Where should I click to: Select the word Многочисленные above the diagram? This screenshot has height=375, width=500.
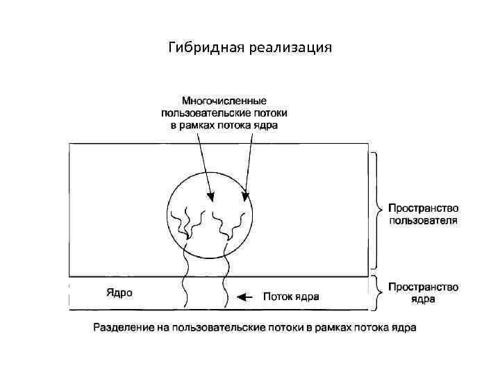[x=224, y=101]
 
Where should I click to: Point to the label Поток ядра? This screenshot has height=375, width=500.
[x=291, y=297]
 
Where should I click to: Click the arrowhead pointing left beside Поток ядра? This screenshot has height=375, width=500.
[x=241, y=297]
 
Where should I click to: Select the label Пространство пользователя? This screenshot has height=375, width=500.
[x=422, y=215]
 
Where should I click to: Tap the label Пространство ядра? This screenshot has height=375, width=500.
[x=422, y=293]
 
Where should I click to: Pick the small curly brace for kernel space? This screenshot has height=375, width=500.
[x=376, y=292]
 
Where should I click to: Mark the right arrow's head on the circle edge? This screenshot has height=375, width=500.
[x=245, y=195]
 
